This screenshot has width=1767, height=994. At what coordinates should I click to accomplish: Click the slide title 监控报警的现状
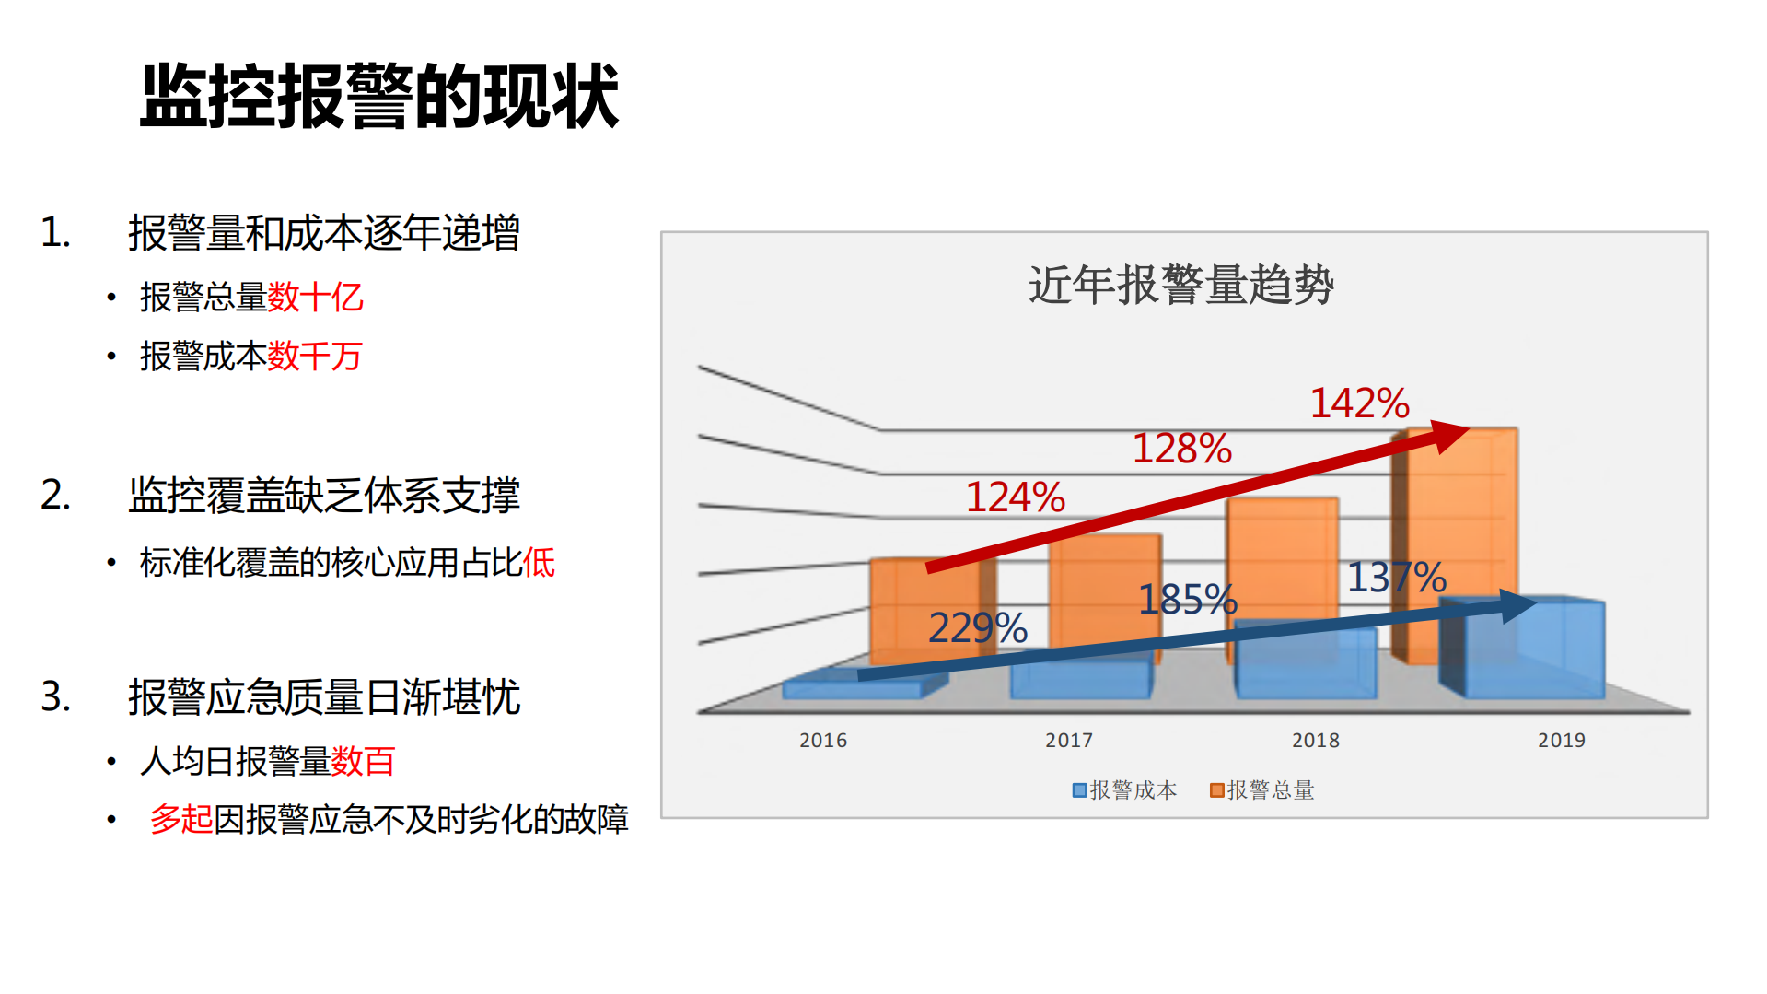[x=378, y=96]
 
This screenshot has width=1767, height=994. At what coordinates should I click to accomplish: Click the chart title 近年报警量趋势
[x=1180, y=284]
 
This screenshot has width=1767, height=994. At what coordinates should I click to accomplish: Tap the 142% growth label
[x=1359, y=403]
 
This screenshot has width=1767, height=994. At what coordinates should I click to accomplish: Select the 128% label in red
[x=1181, y=449]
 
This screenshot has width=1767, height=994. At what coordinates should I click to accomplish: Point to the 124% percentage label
[x=1015, y=497]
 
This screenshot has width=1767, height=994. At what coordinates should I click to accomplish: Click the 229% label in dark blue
[x=977, y=628]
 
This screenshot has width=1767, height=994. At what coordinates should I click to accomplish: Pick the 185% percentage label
[x=1187, y=600]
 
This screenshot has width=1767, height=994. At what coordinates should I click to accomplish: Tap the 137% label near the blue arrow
[x=1396, y=578]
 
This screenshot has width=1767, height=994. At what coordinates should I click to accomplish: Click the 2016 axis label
[x=822, y=740]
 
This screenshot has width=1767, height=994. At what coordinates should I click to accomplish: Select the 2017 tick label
[x=1068, y=740]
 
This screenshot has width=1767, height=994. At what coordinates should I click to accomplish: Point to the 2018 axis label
[x=1315, y=740]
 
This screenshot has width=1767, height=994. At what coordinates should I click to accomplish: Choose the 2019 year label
[x=1561, y=740]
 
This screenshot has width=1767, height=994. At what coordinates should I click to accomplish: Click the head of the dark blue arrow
[x=1517, y=605]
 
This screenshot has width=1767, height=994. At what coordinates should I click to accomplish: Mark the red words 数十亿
[x=315, y=298]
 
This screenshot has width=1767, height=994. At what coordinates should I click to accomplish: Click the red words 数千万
[x=315, y=357]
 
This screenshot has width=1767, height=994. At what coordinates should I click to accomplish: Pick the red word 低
[x=539, y=562]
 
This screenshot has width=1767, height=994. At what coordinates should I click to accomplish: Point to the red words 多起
[x=181, y=819]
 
